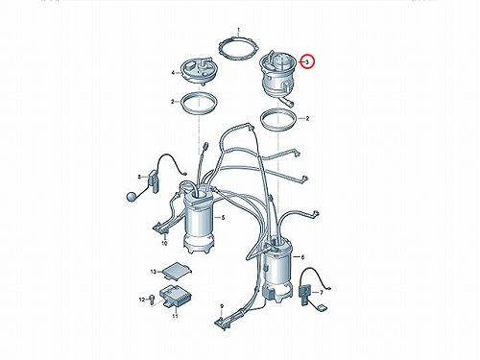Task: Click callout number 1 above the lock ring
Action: coord(238,31)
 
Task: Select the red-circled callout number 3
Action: coord(307,61)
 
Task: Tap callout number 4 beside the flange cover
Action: coord(173,73)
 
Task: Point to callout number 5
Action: coord(223,218)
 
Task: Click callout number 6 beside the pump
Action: coord(302,257)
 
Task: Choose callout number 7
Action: coord(322,292)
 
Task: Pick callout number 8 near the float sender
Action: coord(139,177)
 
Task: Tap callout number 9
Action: coord(222,306)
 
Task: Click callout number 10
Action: coord(164,244)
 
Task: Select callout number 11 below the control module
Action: coord(175,316)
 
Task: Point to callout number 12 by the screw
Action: coord(142,300)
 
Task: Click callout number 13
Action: coord(154,272)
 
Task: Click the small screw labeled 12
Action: coord(152,300)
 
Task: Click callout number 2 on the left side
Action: coord(173,102)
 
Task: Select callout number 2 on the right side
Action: coord(307,119)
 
